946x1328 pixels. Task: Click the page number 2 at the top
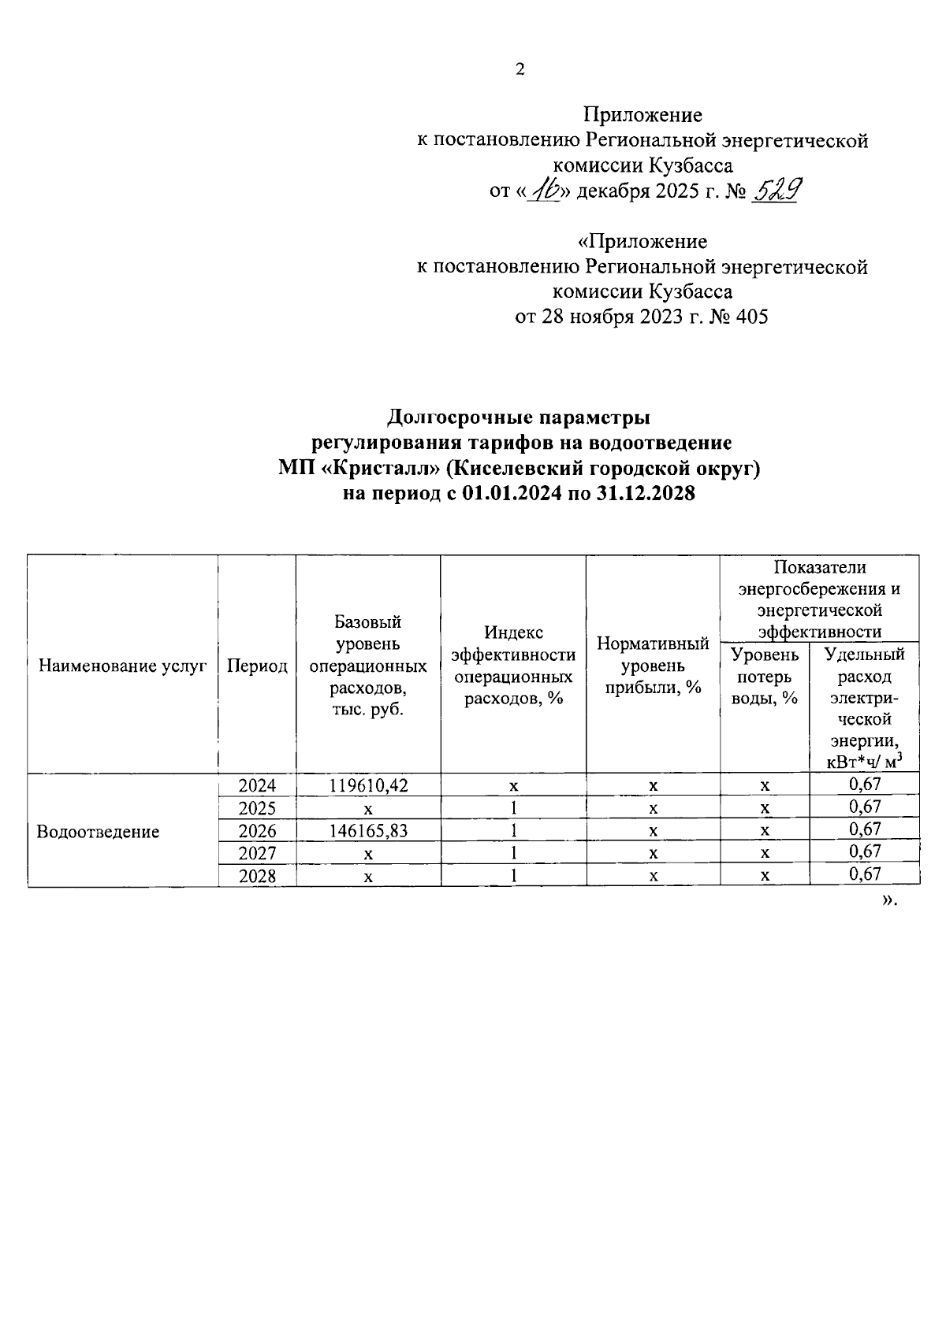click(520, 70)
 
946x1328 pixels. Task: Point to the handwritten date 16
click(543, 190)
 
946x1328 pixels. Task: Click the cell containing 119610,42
click(368, 785)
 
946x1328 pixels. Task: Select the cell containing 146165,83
click(368, 830)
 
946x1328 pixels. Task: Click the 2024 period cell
click(257, 785)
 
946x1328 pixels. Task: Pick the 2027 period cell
click(257, 853)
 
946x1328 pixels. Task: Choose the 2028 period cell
click(257, 875)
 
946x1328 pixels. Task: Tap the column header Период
click(257, 666)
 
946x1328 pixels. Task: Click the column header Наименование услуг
click(123, 666)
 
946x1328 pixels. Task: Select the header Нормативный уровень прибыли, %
click(653, 666)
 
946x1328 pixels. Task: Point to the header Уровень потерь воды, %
click(764, 676)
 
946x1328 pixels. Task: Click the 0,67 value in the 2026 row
click(864, 829)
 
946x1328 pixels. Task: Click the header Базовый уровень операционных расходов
click(368, 666)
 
